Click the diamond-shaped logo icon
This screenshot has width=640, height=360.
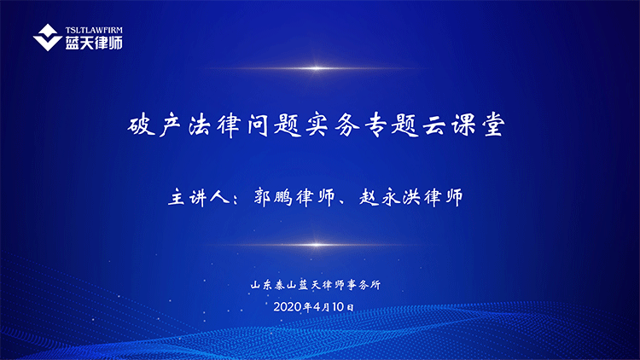pos(47,38)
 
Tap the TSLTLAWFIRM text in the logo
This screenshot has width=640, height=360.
pos(94,30)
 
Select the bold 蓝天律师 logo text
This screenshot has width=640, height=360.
pos(94,43)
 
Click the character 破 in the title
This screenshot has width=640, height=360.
pos(141,125)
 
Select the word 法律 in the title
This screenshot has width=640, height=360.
pos(214,125)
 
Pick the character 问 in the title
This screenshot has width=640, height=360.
pos(258,125)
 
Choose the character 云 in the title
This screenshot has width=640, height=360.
pos(434,125)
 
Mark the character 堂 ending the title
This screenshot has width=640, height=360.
pos(494,125)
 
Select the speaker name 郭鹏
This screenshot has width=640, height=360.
pos(273,197)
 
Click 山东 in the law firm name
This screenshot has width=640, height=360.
pos(261,284)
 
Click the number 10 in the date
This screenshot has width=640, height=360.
pos(338,306)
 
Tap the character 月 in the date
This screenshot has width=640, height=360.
pos(326,307)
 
